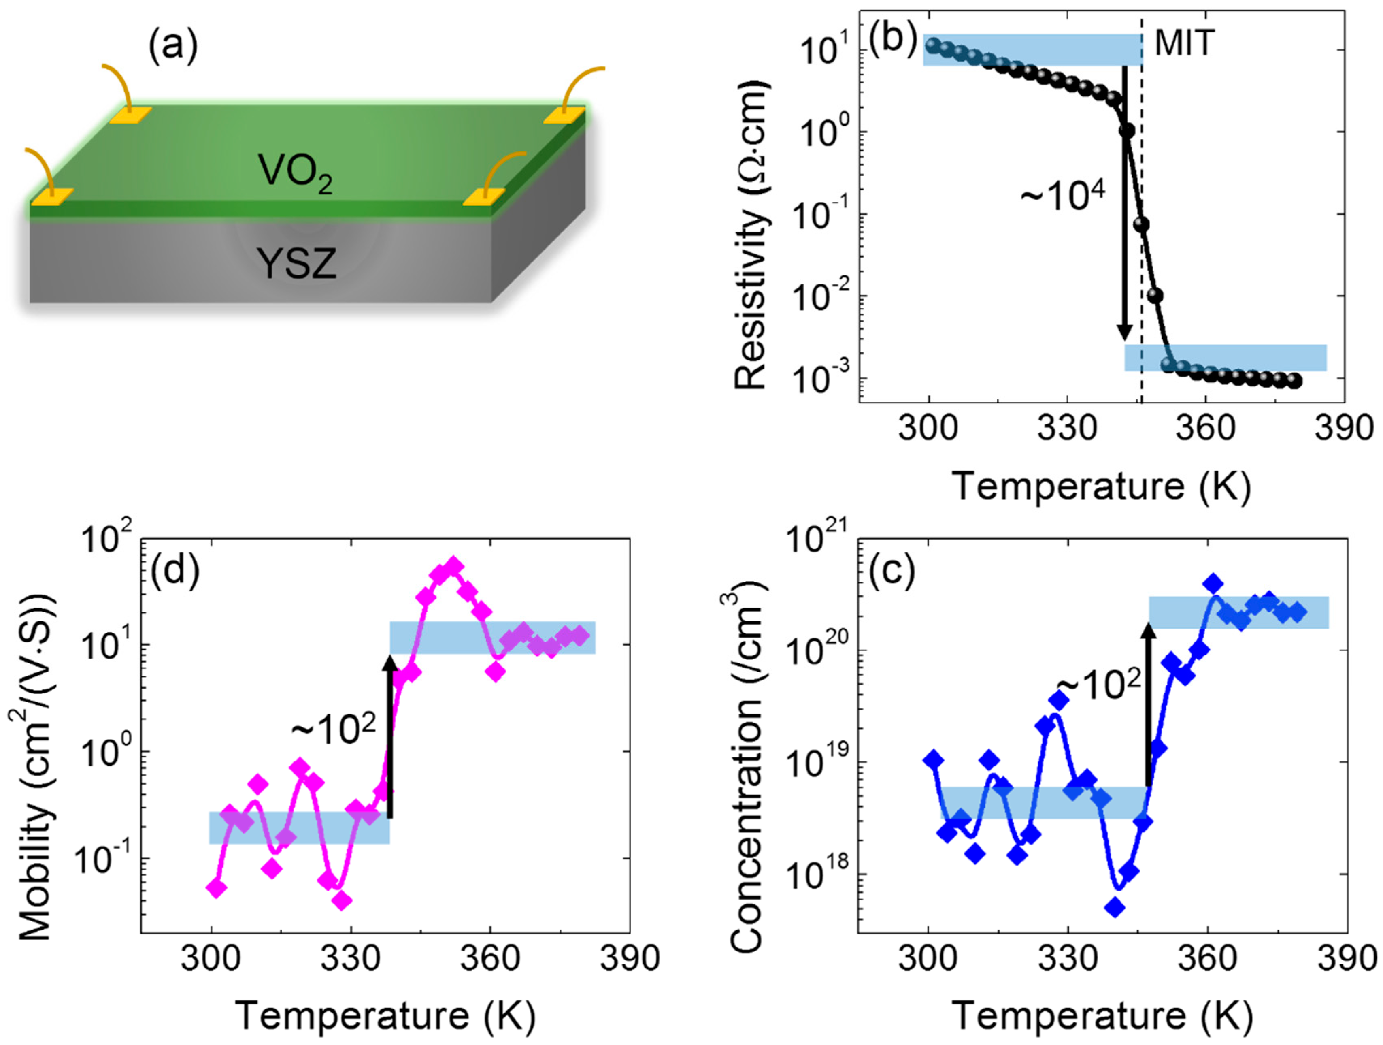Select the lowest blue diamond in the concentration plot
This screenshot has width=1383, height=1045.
1114,907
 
